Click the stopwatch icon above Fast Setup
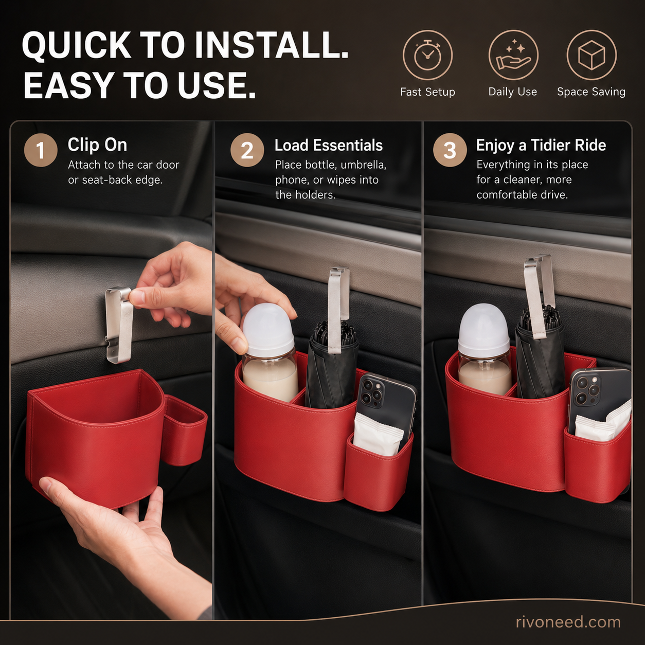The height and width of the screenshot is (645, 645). click(427, 55)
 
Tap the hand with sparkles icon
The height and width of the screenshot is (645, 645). click(513, 55)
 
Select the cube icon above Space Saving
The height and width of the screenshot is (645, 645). click(592, 55)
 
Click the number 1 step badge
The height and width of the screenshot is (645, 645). click(41, 150)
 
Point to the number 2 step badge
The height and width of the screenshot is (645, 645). click(247, 150)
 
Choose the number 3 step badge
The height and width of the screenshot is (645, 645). click(450, 150)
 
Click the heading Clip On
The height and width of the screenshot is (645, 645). click(97, 145)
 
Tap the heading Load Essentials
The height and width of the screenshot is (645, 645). click(328, 145)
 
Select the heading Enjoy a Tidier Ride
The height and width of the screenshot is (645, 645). click(541, 145)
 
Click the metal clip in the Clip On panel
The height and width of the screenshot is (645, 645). click(119, 325)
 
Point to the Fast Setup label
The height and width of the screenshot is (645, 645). click(427, 92)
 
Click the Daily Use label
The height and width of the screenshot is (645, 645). click(513, 92)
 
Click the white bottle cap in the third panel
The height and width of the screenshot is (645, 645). click(483, 331)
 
